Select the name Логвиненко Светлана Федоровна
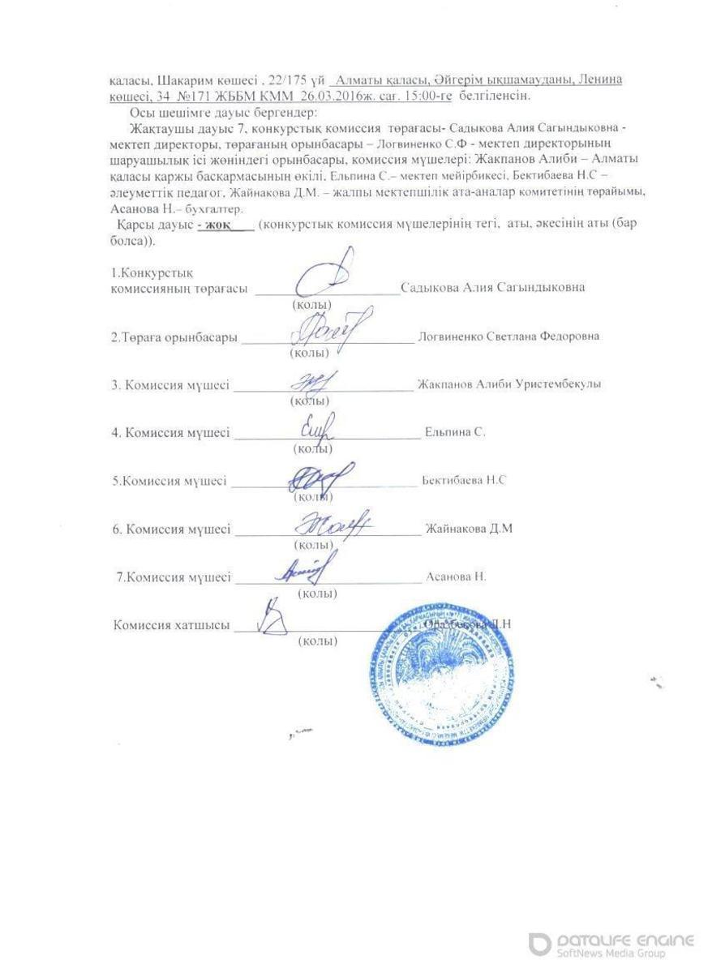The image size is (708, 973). coord(508,336)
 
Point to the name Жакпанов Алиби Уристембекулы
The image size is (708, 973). coord(508,384)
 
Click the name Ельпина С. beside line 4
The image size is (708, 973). coord(455,433)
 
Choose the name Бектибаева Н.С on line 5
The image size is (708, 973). coord(464,481)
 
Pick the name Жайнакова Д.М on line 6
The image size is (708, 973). coord(469,529)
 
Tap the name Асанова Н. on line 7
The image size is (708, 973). coord(456,577)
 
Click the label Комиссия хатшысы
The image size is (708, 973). coord(170,625)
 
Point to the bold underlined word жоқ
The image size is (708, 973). coord(214,224)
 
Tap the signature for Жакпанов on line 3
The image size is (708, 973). coord(311,380)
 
